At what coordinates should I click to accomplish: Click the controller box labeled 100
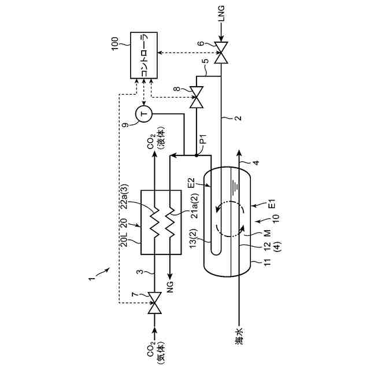tap(144, 55)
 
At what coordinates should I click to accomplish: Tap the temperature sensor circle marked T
tap(144, 114)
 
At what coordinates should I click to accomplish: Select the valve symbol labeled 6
tap(221, 53)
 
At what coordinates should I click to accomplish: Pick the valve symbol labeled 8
tap(197, 97)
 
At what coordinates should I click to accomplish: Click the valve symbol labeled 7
tap(154, 303)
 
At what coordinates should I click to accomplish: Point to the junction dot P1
tap(197, 156)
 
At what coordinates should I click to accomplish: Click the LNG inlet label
tap(221, 14)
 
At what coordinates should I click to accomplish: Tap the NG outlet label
tap(170, 287)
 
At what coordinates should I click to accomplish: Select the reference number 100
tap(115, 44)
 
